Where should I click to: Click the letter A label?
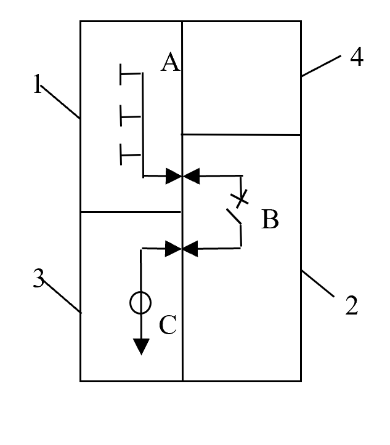point(170,63)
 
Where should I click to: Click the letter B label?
point(270,219)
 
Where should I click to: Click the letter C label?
point(168,325)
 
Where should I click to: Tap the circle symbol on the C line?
point(140,302)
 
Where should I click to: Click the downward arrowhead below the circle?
point(141,347)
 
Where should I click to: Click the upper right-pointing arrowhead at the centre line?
point(173,176)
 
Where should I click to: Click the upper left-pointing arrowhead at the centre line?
point(192,176)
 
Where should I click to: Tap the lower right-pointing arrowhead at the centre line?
point(173,249)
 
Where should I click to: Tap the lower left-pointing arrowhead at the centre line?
point(192,249)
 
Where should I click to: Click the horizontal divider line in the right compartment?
point(240,134)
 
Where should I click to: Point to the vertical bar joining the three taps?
point(143,123)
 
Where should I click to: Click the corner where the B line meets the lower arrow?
point(240,249)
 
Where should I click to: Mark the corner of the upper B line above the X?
point(240,176)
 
